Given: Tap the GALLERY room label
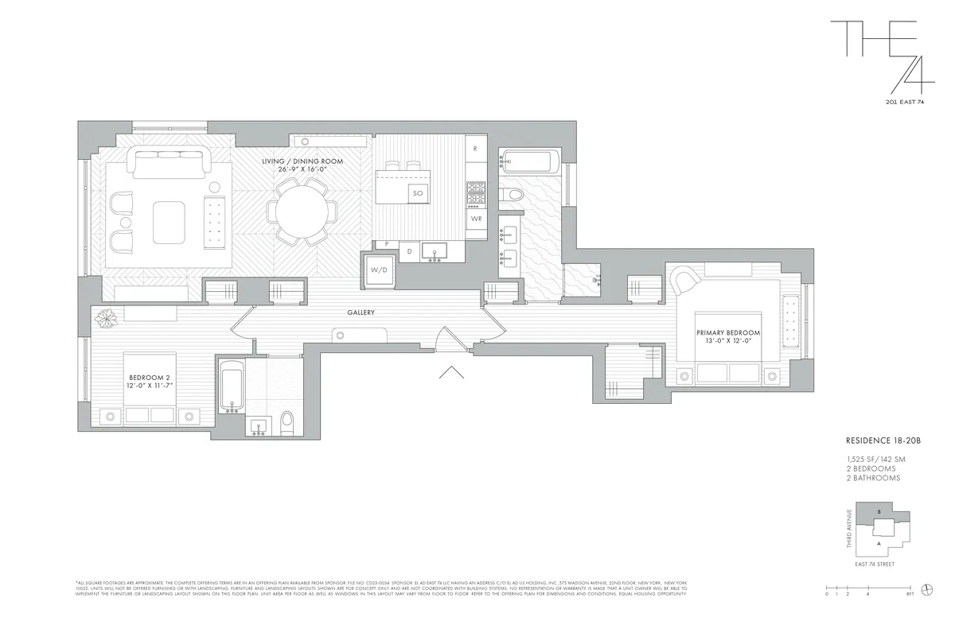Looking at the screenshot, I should coord(361,313).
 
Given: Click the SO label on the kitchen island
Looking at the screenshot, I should coord(419,193).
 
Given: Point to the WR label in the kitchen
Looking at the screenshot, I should coord(476,218).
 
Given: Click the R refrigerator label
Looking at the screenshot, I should coord(475,149).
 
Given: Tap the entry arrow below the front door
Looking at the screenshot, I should coord(451,371).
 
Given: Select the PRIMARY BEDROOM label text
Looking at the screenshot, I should coord(728,332).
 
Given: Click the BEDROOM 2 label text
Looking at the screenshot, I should coord(150,378).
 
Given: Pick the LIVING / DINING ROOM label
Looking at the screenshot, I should coord(303,161).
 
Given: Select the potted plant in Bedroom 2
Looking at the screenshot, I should coord(107,318).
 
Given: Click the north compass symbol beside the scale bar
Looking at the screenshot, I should coord(926,588).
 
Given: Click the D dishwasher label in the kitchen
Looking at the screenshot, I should coord(410,251).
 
